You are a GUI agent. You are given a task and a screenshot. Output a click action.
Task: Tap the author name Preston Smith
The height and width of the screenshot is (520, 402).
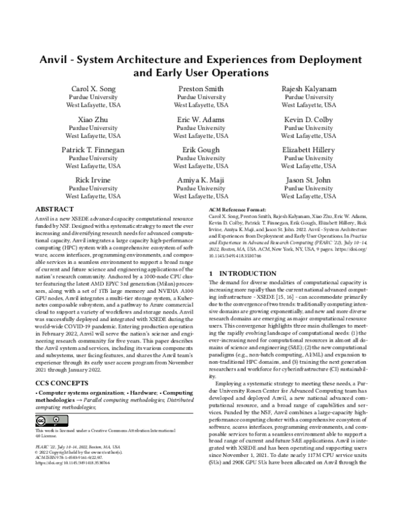(x=200, y=88)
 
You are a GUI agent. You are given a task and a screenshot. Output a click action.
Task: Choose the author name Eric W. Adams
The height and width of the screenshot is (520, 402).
(x=200, y=119)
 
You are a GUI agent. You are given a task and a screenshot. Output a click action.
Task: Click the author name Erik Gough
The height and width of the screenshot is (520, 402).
(x=200, y=149)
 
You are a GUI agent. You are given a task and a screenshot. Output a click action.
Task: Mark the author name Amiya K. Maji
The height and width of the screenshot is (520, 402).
(x=200, y=180)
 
